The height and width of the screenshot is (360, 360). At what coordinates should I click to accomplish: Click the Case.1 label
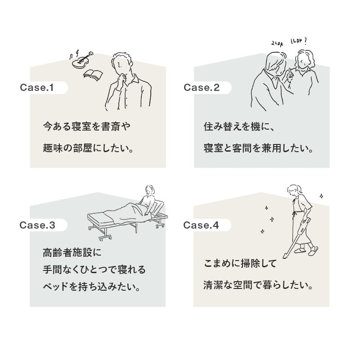point(37,87)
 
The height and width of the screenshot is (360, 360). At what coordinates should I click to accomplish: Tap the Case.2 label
point(202,87)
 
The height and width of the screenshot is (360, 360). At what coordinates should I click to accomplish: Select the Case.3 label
point(37,225)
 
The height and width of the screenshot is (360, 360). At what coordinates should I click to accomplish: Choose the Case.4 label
point(201,225)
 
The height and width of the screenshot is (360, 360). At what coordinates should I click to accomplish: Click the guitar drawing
point(82,60)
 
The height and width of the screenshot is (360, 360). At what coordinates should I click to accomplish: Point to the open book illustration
point(93,75)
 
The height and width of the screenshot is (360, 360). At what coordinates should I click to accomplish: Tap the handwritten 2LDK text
point(277,43)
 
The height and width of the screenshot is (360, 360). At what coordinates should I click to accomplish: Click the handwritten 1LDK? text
point(298,41)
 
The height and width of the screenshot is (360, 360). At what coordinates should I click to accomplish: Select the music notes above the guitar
point(74,55)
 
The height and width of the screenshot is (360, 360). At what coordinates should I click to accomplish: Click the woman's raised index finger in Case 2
point(290,71)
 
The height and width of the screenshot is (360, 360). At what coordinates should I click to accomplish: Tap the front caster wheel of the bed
point(102,238)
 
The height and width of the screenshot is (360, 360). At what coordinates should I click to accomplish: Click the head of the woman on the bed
point(150,190)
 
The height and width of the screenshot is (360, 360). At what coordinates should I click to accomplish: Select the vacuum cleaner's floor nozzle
point(285,256)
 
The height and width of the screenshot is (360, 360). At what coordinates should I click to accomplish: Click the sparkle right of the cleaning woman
point(321,196)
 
